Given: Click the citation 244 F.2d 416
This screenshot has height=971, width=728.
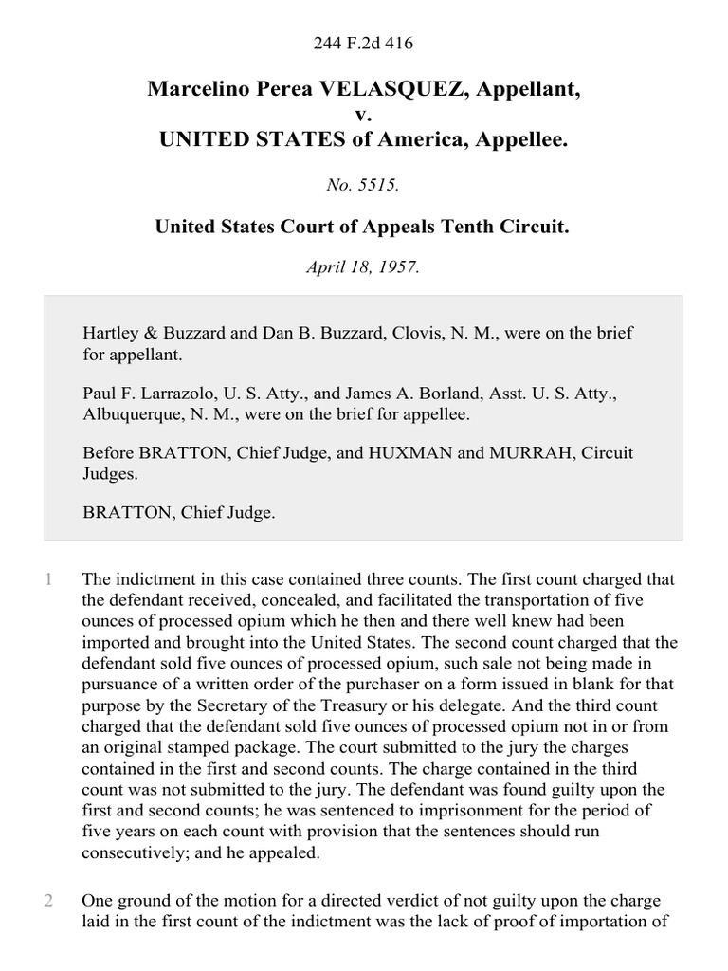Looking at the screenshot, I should click(x=364, y=43).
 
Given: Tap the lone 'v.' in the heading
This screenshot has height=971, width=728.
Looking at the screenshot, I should click(x=364, y=115).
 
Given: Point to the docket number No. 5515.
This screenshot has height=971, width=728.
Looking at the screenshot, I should click(x=363, y=187).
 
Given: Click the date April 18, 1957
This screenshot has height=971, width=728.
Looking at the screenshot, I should click(x=363, y=266).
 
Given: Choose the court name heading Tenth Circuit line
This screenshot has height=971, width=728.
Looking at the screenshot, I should click(x=363, y=228).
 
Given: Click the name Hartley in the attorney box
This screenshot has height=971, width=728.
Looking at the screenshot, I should click(x=111, y=333).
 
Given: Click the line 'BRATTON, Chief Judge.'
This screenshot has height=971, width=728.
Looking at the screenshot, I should click(x=179, y=513).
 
